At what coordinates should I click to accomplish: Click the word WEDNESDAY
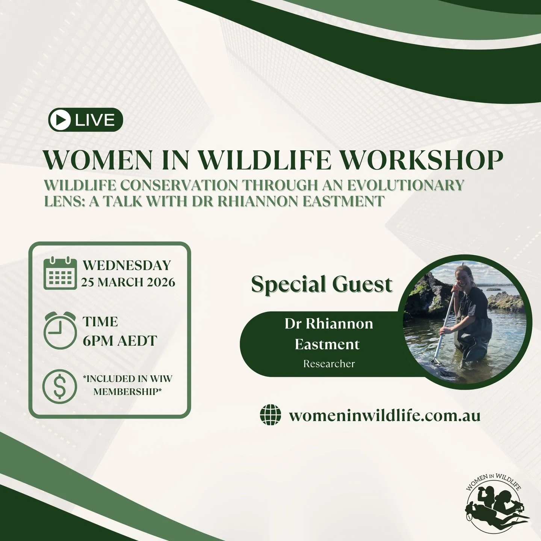(127, 265)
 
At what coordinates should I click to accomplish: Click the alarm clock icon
(60, 331)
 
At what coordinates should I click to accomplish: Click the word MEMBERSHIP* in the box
(127, 392)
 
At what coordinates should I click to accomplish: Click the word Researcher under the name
(329, 364)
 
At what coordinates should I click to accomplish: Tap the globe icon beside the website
(270, 416)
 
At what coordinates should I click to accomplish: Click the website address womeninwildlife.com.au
(384, 416)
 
